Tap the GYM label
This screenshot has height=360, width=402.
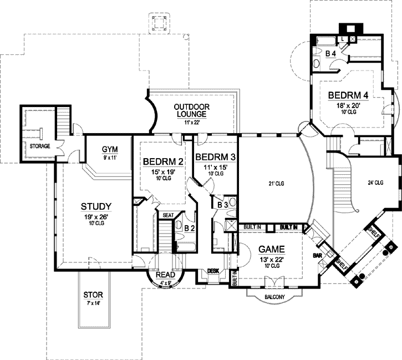point(108,149)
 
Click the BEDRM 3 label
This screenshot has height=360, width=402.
point(215,156)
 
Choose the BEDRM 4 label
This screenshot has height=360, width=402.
point(348,94)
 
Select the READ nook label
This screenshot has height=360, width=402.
point(166,274)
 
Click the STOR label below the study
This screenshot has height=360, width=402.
point(93,295)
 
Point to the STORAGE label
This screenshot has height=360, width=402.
point(39,146)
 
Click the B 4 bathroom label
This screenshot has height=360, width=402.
point(330,53)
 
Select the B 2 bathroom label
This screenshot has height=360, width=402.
point(189,227)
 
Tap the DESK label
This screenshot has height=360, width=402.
point(213,271)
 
